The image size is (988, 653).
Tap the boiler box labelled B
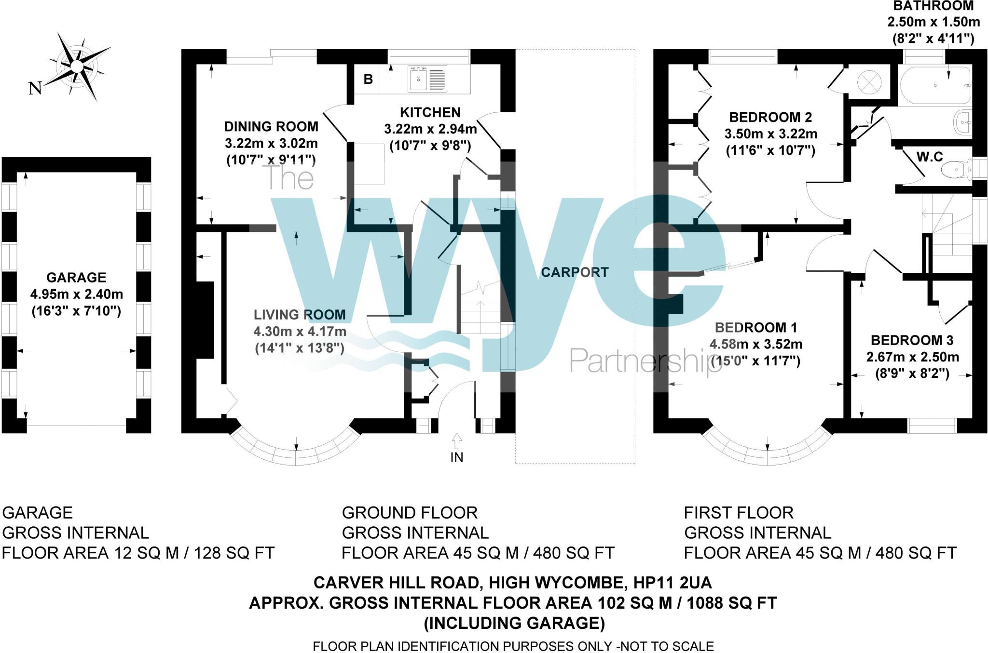(x=368, y=79)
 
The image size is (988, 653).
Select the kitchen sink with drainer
(x=428, y=79)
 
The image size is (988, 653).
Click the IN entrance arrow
(x=457, y=441)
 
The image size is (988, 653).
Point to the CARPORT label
(x=575, y=272)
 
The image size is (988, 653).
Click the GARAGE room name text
(x=76, y=278)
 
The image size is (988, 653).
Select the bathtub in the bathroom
(x=935, y=85)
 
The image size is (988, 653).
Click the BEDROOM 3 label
(x=912, y=340)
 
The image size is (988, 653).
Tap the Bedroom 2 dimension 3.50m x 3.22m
(x=770, y=134)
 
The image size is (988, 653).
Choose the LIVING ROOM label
(x=300, y=315)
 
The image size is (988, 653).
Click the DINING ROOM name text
(x=271, y=127)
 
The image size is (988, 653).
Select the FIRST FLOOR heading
(x=739, y=512)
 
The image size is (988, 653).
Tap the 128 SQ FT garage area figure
(x=234, y=553)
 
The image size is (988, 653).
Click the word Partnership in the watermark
(x=645, y=360)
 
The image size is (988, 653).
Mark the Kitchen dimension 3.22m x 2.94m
(x=430, y=129)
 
